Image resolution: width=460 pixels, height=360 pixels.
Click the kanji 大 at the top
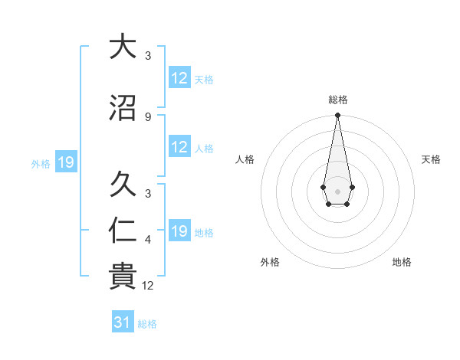(x=122, y=47)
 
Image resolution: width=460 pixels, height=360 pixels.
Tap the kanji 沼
(x=122, y=107)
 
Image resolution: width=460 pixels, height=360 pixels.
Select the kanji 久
(x=122, y=184)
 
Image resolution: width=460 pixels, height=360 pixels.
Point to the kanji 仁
(x=122, y=231)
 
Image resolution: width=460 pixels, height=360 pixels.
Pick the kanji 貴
(x=122, y=277)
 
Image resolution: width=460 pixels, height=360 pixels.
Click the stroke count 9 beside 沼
(x=148, y=116)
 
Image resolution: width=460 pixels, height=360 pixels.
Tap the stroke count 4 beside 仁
(x=148, y=240)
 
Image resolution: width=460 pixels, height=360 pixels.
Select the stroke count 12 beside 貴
(x=149, y=286)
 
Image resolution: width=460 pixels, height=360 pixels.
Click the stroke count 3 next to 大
(x=148, y=56)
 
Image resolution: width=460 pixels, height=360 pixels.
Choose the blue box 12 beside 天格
(x=179, y=78)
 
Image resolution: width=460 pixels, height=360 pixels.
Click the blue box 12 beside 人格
(x=179, y=147)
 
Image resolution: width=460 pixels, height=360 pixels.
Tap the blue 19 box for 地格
(x=179, y=231)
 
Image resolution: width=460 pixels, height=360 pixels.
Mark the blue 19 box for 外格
(x=65, y=162)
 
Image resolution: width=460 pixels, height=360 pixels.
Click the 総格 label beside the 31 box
(x=147, y=324)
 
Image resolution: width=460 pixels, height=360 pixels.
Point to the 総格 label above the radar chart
(x=337, y=100)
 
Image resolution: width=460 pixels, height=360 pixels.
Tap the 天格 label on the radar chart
(x=432, y=159)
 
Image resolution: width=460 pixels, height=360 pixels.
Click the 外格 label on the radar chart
(x=270, y=262)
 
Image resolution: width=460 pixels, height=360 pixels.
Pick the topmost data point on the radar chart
(x=337, y=116)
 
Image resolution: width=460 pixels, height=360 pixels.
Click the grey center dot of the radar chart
(x=337, y=190)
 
